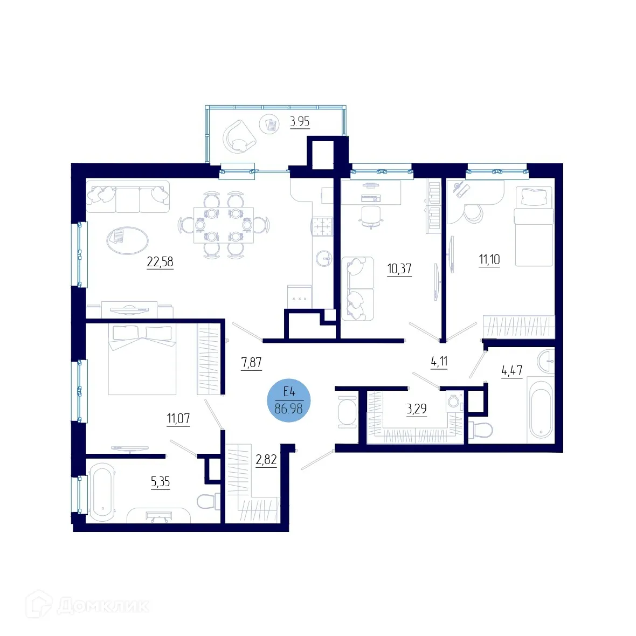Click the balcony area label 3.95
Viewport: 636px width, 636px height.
(300, 121)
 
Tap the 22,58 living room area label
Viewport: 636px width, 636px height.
(160, 262)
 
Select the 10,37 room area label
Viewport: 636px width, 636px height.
(399, 268)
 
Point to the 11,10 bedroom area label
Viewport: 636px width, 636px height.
(489, 260)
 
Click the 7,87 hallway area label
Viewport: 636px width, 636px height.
(251, 362)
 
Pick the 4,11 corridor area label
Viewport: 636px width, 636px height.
(439, 361)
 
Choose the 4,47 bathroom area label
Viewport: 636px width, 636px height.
(511, 370)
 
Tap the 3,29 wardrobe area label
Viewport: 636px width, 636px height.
(417, 409)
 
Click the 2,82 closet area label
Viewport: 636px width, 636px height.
(266, 459)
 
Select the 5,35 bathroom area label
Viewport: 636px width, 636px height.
(161, 481)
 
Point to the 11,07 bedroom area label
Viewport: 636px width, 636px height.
(178, 418)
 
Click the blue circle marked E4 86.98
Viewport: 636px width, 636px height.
(289, 400)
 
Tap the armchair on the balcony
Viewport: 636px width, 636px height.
(239, 136)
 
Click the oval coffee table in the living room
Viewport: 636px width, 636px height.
(128, 240)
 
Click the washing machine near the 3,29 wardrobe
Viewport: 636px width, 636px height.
(454, 402)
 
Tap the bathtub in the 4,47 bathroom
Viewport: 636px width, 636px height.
(541, 410)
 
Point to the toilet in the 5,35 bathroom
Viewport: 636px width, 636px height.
(208, 502)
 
